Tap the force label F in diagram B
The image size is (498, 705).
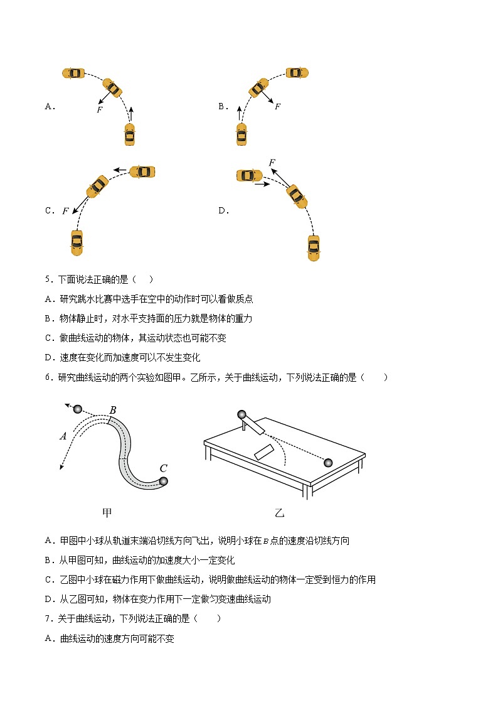277,106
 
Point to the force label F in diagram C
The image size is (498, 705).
65,211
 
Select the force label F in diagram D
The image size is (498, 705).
272,163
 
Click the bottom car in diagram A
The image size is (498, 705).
129,134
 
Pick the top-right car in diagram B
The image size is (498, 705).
297,73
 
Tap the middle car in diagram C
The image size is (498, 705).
97,186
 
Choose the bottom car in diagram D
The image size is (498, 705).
314,247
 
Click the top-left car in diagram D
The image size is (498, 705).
249,175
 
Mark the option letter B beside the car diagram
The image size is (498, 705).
223,106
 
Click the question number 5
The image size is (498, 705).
48,279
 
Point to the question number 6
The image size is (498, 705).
48,377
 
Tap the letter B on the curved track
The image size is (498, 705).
113,411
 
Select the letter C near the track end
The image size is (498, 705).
163,468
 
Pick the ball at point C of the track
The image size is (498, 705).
164,481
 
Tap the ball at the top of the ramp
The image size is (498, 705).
241,414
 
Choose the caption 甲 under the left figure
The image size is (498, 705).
107,513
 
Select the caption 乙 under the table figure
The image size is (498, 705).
280,513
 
